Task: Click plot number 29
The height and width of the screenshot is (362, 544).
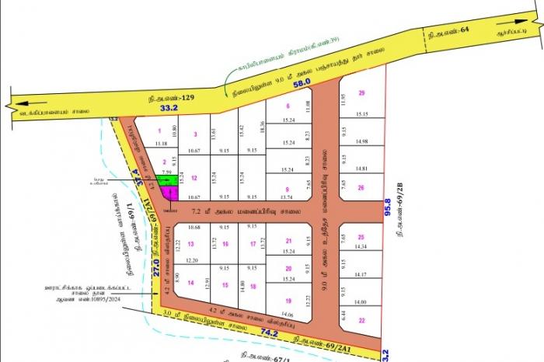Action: [361, 93]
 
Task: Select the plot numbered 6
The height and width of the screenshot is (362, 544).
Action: [288, 106]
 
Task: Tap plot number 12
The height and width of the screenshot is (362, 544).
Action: [194, 178]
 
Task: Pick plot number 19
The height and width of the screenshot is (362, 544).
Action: [288, 301]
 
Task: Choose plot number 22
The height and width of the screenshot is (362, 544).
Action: [361, 320]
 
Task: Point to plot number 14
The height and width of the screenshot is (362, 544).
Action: [190, 283]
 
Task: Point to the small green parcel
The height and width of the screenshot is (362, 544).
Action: [164, 181]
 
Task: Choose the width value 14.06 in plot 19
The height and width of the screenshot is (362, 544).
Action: [288, 315]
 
